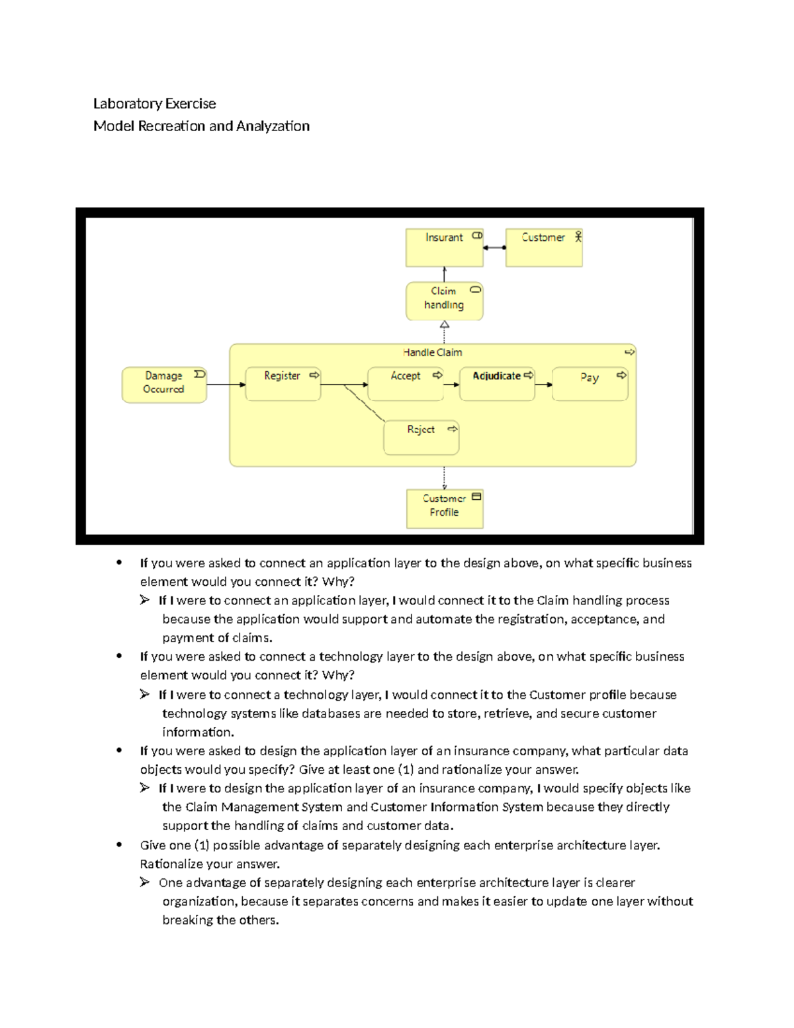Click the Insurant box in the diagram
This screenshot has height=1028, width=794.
tap(444, 248)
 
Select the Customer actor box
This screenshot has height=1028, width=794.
tap(543, 248)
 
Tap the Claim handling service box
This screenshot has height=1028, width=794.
tap(444, 301)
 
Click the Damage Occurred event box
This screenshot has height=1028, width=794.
tap(163, 385)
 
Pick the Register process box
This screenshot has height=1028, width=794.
tap(283, 385)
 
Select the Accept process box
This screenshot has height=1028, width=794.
tap(405, 385)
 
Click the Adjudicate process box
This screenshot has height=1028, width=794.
tap(496, 385)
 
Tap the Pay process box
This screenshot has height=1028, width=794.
tap(590, 385)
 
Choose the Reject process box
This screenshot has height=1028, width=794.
tap(421, 438)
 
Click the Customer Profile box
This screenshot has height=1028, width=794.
tap(444, 508)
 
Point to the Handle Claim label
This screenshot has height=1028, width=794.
tap(432, 353)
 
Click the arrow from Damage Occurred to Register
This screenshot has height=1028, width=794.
tap(226, 385)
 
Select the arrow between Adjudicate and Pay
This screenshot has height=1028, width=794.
tap(543, 385)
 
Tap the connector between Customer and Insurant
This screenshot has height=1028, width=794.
tap(494, 248)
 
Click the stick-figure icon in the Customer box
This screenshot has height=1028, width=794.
tap(578, 236)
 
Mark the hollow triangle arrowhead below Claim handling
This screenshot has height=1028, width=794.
tap(445, 325)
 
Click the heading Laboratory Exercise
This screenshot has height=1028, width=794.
tap(154, 103)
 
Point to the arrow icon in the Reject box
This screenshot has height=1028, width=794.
tap(452, 429)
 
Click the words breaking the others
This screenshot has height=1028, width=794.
tap(220, 920)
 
